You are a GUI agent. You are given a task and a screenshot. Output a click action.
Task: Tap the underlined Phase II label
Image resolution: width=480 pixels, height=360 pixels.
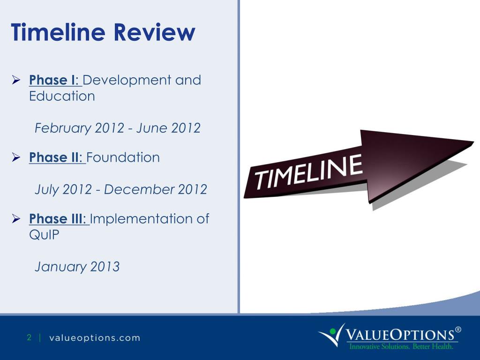pyautogui.click(x=57, y=157)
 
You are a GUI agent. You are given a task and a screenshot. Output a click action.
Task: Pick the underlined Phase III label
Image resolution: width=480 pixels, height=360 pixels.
pyautogui.click(x=59, y=219)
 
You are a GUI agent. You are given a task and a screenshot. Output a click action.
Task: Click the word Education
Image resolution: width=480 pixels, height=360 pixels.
pyautogui.click(x=62, y=96)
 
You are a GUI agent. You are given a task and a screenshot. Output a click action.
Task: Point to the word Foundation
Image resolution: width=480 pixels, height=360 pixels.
pyautogui.click(x=123, y=157)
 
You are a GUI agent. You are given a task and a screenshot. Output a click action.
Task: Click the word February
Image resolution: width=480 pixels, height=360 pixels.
pyautogui.click(x=63, y=128)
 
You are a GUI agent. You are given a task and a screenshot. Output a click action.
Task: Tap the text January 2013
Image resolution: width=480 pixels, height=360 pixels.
pyautogui.click(x=77, y=267)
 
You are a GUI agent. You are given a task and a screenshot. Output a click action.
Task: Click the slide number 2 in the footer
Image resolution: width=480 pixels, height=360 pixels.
pyautogui.click(x=29, y=337)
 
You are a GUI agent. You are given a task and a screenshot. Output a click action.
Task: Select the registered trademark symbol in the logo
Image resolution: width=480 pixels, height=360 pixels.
pyautogui.click(x=458, y=330)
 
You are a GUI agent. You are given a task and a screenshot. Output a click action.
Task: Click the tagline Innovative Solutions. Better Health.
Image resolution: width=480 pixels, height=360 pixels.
pyautogui.click(x=401, y=347)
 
